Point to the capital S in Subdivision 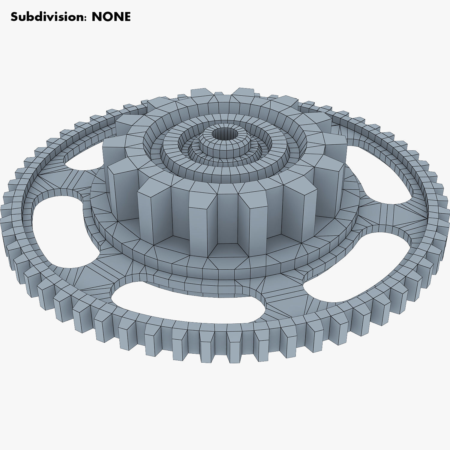14,17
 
